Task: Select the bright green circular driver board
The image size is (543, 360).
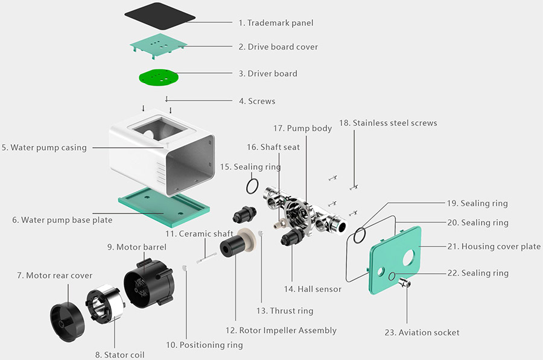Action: [x=159, y=77]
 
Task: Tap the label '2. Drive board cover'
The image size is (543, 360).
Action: [x=278, y=47]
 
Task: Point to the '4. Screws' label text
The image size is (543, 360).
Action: [x=257, y=101]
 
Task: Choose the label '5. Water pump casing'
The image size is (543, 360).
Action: [x=48, y=147]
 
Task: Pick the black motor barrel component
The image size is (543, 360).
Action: [x=148, y=281]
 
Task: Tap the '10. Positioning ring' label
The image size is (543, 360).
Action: [x=205, y=345]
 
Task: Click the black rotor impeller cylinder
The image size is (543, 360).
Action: [x=232, y=247]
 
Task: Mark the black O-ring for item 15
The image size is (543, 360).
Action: [x=253, y=186]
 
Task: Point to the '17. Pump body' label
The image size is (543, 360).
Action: [x=302, y=128]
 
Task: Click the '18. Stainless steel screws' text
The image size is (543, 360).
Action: [x=388, y=123]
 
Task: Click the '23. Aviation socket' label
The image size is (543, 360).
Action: [x=422, y=332]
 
